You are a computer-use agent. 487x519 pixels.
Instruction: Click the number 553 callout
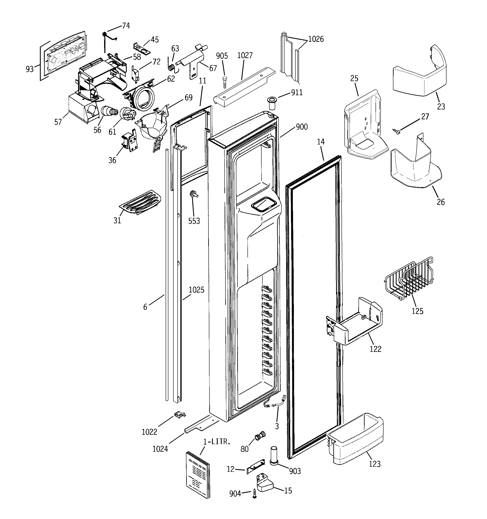pyautogui.click(x=194, y=221)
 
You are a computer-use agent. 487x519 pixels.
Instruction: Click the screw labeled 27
pyautogui.click(x=397, y=131)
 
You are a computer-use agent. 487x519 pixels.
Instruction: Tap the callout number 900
pyautogui.click(x=302, y=127)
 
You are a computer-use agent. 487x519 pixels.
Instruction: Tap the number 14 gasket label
pyautogui.click(x=321, y=142)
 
